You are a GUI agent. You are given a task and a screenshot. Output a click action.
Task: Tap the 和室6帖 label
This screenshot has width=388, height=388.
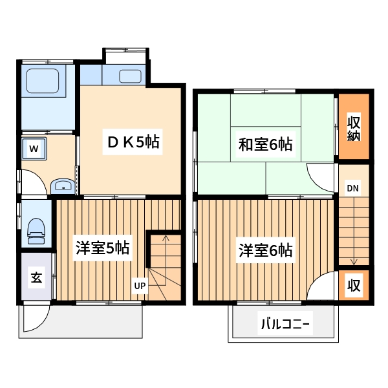(x=266, y=145)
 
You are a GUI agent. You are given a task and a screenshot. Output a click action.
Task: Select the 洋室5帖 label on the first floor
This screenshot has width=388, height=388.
(x=102, y=248)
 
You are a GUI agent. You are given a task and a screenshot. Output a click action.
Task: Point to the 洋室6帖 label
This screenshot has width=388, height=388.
(x=265, y=250)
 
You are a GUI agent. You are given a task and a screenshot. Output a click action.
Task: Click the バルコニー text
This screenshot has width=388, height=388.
(x=285, y=323)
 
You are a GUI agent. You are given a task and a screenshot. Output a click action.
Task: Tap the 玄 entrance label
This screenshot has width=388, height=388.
(x=36, y=278)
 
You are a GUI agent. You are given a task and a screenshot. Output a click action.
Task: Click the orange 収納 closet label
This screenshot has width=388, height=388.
(x=353, y=128)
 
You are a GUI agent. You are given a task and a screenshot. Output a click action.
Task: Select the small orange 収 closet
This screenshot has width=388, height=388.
(x=353, y=285)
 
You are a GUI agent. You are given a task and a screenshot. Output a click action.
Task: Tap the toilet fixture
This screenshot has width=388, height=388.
(x=36, y=231)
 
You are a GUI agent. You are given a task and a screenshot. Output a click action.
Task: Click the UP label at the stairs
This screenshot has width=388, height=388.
(x=140, y=285)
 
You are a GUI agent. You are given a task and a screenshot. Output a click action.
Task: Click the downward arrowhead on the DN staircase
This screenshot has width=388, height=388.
(x=354, y=261)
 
